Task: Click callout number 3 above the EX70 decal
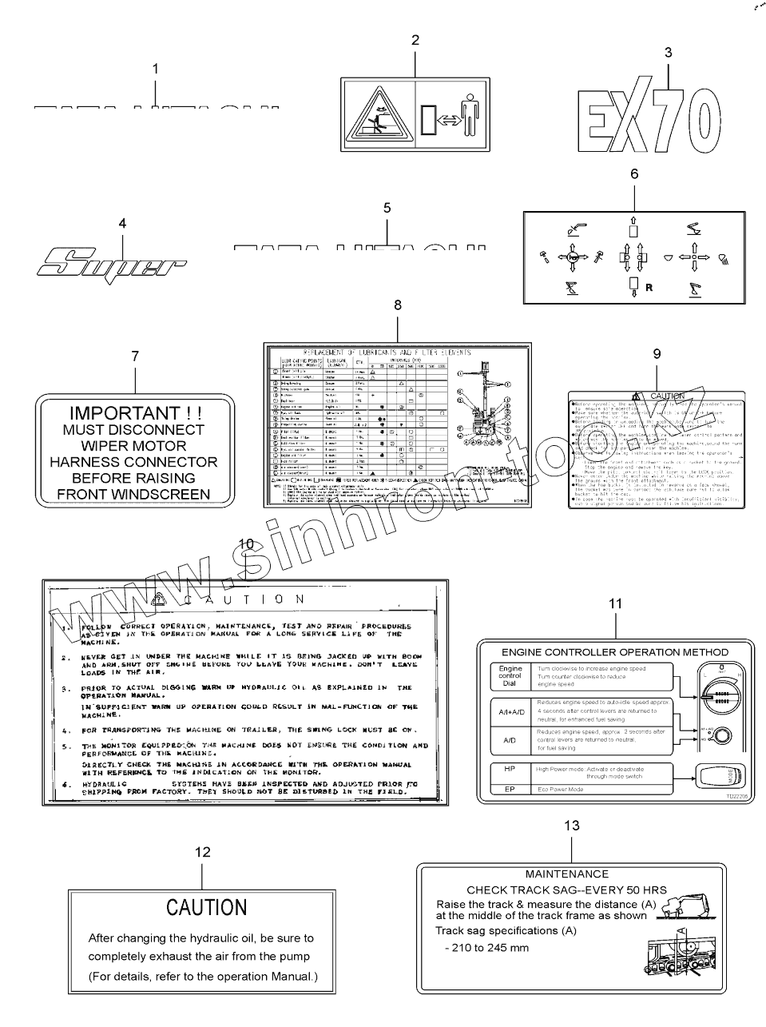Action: [668, 53]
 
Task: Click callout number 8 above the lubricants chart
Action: [398, 305]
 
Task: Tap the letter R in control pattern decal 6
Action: [649, 289]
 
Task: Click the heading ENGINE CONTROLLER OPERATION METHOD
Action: [615, 652]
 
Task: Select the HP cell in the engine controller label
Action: [510, 769]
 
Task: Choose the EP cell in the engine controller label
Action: [510, 789]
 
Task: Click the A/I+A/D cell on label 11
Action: [511, 711]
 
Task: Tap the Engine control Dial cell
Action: [510, 676]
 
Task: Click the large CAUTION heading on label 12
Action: [206, 907]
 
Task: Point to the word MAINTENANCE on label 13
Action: [566, 874]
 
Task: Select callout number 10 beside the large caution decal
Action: [245, 544]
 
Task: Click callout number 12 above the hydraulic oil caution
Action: [203, 852]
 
